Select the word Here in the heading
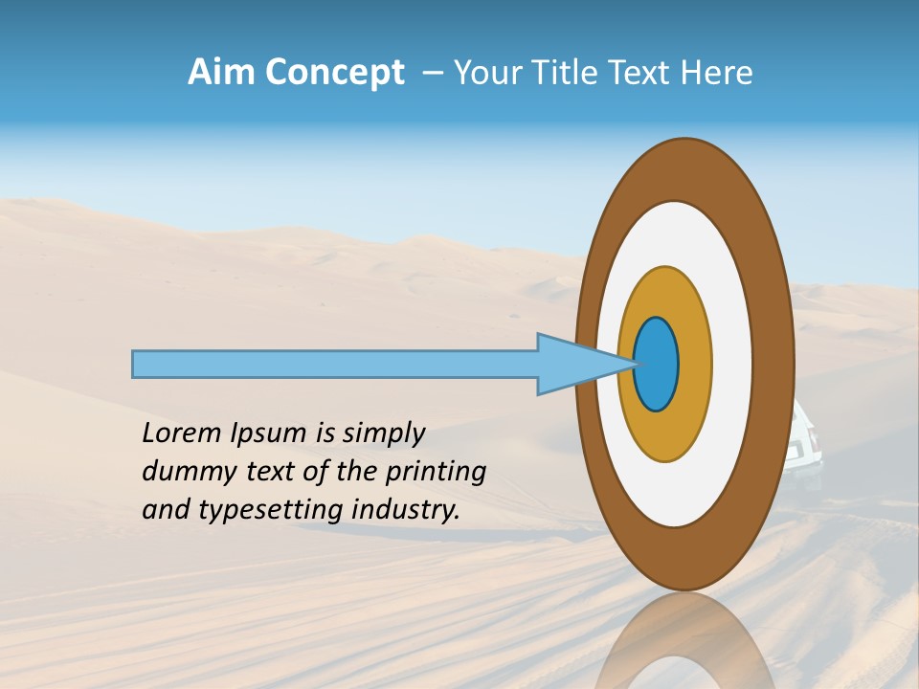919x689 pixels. (x=717, y=73)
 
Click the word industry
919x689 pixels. (x=406, y=510)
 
